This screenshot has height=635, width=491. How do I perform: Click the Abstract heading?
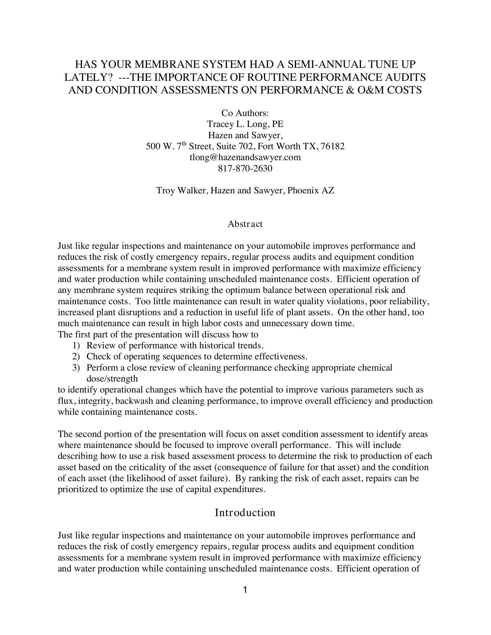pos(245,224)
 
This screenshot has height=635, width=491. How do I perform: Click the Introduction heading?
pos(245,513)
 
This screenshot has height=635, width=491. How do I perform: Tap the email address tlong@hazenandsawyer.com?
pos(245,157)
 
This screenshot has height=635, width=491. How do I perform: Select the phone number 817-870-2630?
pos(245,168)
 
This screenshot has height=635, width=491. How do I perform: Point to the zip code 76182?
pos(334,146)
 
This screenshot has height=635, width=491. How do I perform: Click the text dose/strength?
pos(112,379)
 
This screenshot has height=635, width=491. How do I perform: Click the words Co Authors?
pos(245,113)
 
